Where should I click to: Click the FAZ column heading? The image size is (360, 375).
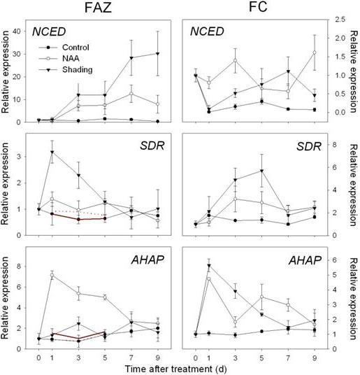point(98,8)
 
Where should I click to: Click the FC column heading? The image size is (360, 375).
point(258,7)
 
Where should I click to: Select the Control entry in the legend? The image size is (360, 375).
point(64,48)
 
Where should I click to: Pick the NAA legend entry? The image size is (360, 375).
point(59,58)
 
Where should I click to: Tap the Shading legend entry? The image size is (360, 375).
point(66,69)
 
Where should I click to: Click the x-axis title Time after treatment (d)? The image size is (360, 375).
point(175,369)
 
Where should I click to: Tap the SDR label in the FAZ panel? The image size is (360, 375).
point(152,146)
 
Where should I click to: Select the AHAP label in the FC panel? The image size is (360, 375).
point(305,260)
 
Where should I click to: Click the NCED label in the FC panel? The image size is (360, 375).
point(207,31)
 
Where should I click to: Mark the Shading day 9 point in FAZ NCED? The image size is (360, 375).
point(158,54)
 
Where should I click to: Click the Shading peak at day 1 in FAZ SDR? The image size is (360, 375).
point(52,152)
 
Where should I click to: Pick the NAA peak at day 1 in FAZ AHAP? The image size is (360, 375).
point(52,275)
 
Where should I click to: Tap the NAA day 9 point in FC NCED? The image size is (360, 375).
point(315,52)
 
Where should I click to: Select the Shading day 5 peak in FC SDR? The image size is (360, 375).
point(262,171)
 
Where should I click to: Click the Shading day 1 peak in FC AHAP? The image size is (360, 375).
point(209,265)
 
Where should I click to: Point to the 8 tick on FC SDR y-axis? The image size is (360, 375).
point(334,145)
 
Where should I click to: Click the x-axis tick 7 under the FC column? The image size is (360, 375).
point(288,358)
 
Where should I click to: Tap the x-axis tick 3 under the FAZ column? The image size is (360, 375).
point(78,358)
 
